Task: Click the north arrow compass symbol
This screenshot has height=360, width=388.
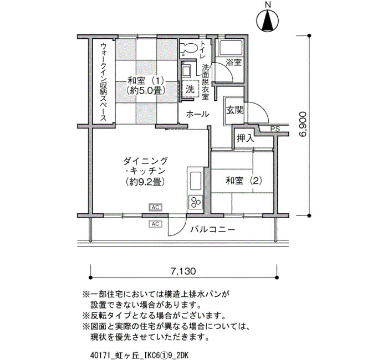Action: pos(268,20)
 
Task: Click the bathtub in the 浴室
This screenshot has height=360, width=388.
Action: pos(230,47)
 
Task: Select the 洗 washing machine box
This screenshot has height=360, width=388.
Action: pos(191,89)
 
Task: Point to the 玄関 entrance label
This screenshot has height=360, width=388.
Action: pos(235,110)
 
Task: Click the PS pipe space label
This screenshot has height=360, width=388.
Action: pos(275,129)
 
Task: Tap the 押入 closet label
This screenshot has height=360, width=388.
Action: pos(246,138)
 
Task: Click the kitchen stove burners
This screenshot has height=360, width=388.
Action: pos(196,202)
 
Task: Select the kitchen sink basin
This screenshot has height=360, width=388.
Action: pos(196,181)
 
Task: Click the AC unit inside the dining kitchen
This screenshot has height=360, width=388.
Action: pos(155,208)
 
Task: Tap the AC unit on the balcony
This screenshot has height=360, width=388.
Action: pos(155,224)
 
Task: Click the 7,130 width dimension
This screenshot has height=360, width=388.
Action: pos(183,271)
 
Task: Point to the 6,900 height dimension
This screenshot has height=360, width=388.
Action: pos(303,125)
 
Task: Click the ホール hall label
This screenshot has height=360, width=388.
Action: pos(197,114)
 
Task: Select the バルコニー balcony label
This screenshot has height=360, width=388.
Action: pos(212,230)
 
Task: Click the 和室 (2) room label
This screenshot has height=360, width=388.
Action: pos(244,181)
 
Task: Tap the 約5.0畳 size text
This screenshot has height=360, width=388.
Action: pos(145,91)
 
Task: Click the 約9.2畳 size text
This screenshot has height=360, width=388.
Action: pos(145,182)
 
